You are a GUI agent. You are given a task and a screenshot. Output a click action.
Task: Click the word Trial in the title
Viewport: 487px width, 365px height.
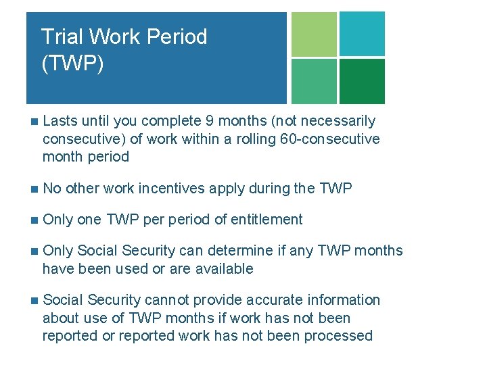pyautogui.click(x=58, y=36)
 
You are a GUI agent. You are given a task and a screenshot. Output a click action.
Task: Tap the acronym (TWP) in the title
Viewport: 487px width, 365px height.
pyautogui.click(x=72, y=65)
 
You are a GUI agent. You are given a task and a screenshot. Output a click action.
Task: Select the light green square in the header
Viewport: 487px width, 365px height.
pyautogui.click(x=314, y=34)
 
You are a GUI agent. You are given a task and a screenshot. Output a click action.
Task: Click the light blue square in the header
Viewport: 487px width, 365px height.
pyautogui.click(x=362, y=34)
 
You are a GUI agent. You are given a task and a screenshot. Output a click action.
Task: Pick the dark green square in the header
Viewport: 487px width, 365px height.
pyautogui.click(x=362, y=81)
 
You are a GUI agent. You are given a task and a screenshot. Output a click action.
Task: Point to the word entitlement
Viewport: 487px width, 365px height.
pyautogui.click(x=268, y=220)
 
